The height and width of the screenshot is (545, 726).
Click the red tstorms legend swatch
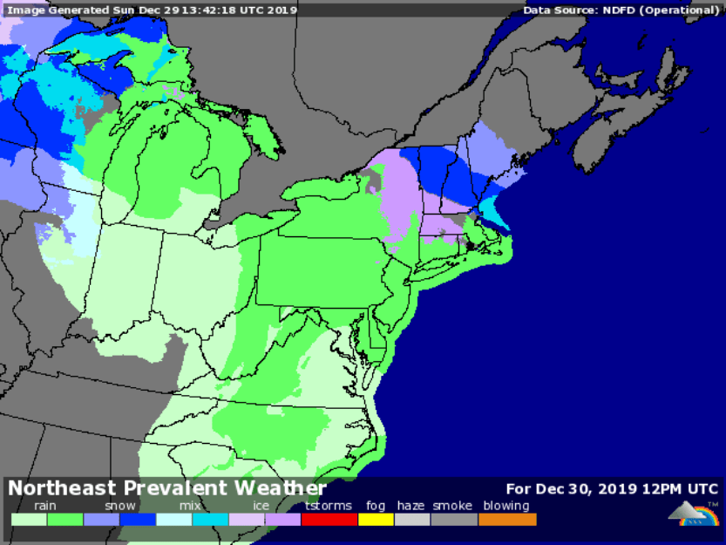329,519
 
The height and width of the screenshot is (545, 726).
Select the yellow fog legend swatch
376,519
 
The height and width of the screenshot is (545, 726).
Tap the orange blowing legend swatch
507,519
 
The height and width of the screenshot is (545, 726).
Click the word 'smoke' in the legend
452,506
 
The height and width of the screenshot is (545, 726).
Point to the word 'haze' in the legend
411,506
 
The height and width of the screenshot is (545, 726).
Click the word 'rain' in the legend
46,506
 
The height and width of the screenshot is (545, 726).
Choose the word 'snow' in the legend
120,506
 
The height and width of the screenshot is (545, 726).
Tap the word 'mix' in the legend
190,506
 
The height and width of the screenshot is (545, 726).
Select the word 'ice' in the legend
261,506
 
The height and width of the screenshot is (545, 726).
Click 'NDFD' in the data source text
619,10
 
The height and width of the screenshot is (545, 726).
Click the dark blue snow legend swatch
138,519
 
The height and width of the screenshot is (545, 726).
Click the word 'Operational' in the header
683,10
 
